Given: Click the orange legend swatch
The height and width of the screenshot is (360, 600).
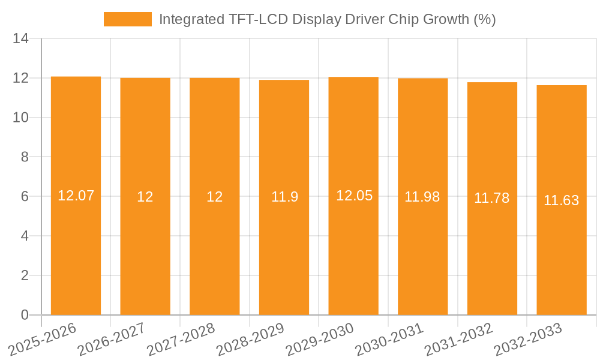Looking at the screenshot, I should (127, 19).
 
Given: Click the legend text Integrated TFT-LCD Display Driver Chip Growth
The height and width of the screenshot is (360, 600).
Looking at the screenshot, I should (327, 19).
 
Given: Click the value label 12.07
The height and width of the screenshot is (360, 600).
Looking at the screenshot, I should (76, 196).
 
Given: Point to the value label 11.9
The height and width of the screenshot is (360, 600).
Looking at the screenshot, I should (284, 197).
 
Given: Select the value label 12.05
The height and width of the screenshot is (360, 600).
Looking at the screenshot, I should (354, 196).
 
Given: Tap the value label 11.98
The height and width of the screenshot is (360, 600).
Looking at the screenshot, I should (422, 197).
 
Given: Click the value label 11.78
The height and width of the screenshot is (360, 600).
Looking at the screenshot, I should (492, 199).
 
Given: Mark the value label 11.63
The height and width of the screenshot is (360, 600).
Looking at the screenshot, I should (562, 200).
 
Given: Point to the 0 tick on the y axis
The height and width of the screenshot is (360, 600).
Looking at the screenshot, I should (25, 315).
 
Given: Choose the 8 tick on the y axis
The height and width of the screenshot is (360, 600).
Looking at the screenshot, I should (25, 157).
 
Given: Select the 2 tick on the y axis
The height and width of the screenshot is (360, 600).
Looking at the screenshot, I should (25, 275).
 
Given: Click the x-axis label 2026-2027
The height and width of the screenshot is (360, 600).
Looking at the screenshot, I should (111, 339).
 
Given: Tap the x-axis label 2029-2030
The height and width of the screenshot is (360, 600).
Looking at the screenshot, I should (319, 339).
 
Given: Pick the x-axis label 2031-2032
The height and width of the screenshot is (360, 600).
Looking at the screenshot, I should (458, 339).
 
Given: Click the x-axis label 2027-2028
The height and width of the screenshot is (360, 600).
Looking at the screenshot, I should (180, 339).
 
